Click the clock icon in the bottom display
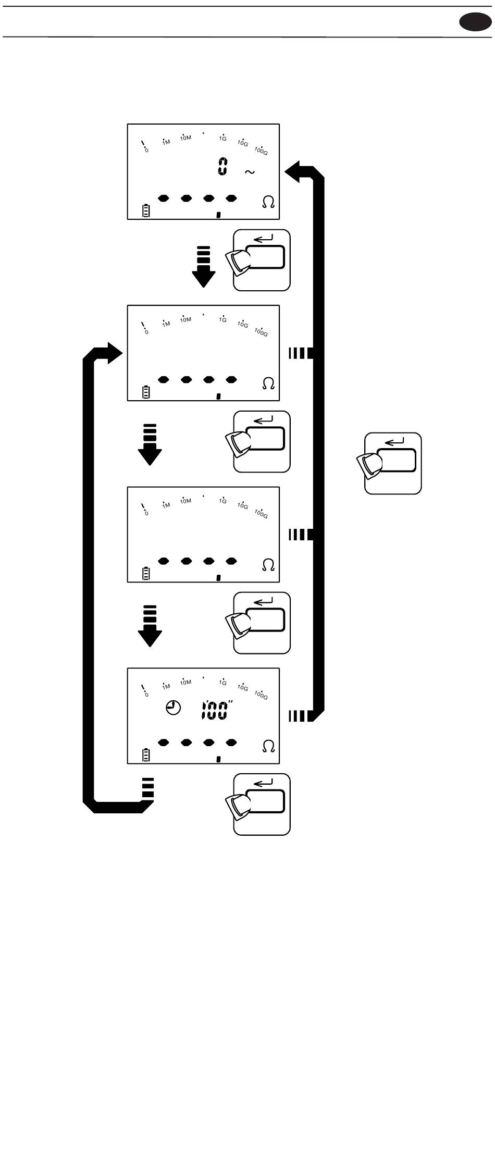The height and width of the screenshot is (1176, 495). click(174, 708)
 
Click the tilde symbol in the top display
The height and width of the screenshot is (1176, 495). click(250, 172)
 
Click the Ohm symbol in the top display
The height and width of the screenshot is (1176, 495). click(268, 203)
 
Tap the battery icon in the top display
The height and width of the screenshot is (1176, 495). click(146, 211)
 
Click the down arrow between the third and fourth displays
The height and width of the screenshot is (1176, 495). click(150, 626)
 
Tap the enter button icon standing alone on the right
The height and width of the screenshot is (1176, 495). click(393, 463)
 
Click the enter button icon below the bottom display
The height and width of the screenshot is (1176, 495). click(262, 804)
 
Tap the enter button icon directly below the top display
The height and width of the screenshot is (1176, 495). click(262, 260)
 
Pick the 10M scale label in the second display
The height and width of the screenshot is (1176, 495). click(185, 319)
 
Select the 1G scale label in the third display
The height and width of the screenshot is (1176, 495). click(222, 501)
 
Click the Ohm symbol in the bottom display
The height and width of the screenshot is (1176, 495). click(268, 746)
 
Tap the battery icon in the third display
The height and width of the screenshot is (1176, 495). click(146, 574)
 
